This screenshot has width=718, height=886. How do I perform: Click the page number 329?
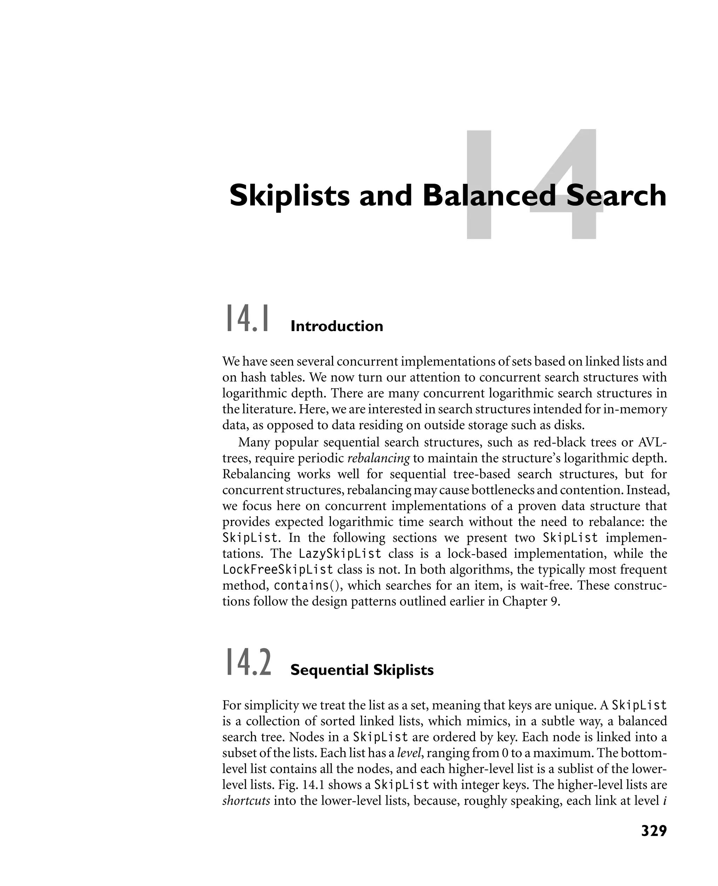click(653, 831)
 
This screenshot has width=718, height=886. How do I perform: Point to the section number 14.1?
click(247, 318)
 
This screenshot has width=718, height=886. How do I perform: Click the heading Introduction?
click(337, 327)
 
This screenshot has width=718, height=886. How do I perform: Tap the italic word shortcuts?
click(246, 801)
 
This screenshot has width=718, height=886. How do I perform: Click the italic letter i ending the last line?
click(665, 801)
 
